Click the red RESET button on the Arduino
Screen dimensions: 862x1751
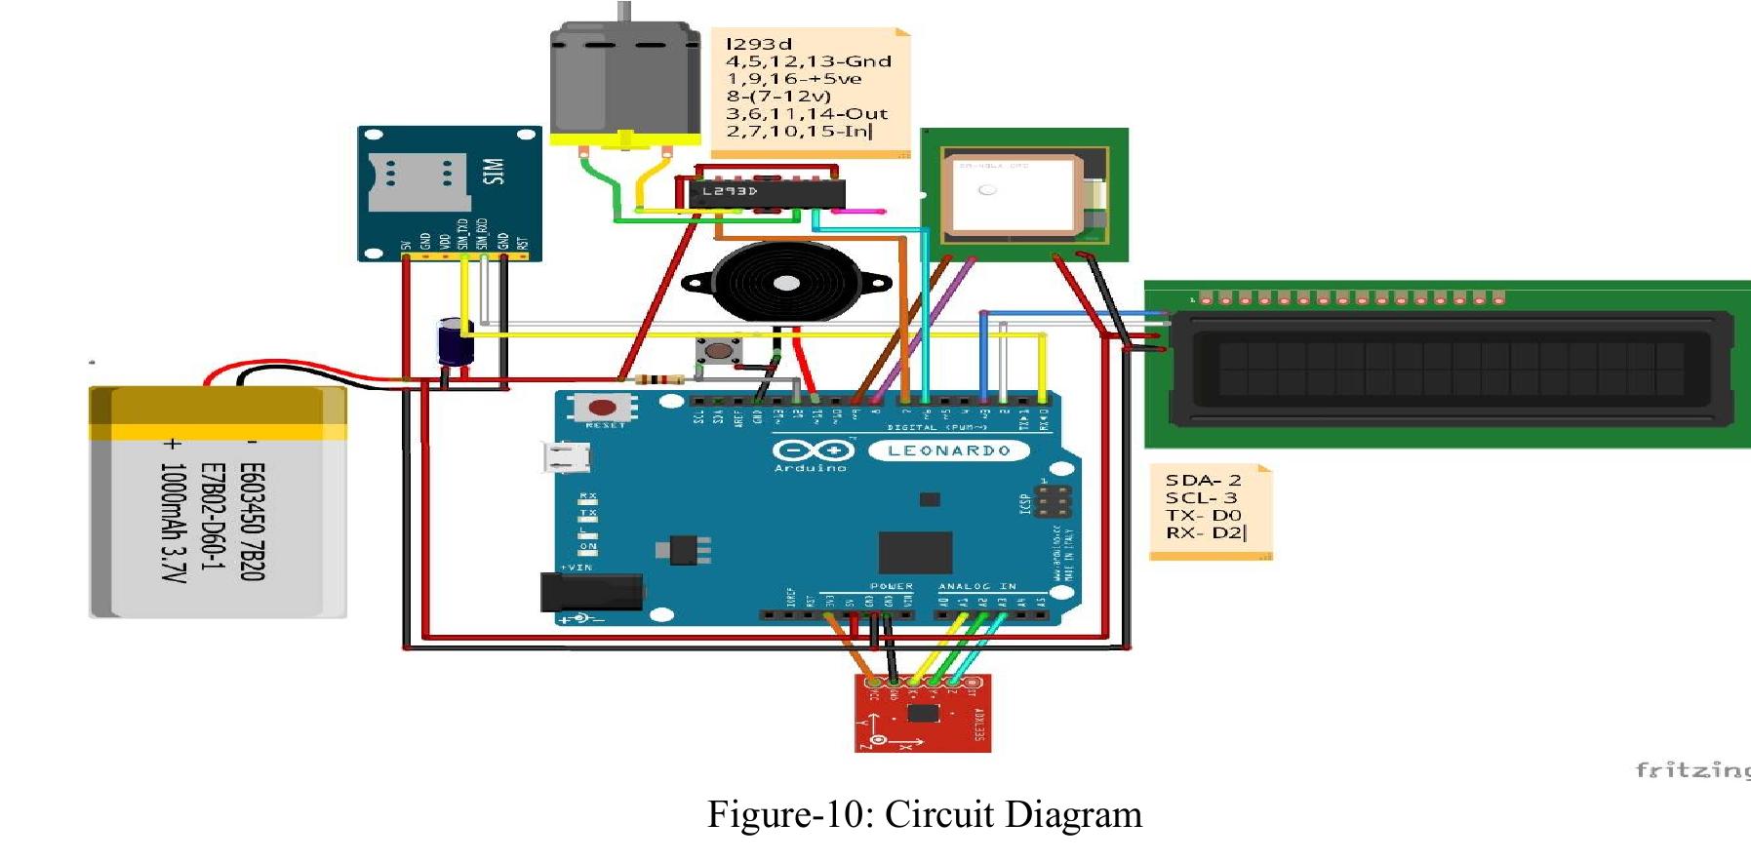pyautogui.click(x=603, y=407)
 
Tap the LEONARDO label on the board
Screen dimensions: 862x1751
pyautogui.click(x=948, y=451)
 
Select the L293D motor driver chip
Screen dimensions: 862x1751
pyautogui.click(x=766, y=193)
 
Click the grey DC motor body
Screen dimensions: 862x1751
pyautogui.click(x=625, y=82)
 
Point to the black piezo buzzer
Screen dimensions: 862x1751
pyautogui.click(x=786, y=283)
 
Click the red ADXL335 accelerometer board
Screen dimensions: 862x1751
pyautogui.click(x=923, y=717)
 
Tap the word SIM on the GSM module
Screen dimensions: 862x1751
pyautogui.click(x=495, y=172)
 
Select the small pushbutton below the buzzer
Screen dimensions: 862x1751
pyautogui.click(x=719, y=350)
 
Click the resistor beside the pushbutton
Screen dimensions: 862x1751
pyautogui.click(x=658, y=379)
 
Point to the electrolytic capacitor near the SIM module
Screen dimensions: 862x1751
pyautogui.click(x=454, y=342)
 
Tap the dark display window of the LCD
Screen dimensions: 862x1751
pyautogui.click(x=1451, y=363)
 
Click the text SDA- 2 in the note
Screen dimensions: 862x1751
pyautogui.click(x=1203, y=480)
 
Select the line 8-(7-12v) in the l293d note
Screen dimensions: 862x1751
pyautogui.click(x=778, y=96)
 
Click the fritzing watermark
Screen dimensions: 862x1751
pyautogui.click(x=1691, y=770)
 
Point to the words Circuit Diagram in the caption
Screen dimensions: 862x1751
pyautogui.click(x=1013, y=814)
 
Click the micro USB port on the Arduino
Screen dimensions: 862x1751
pyautogui.click(x=567, y=456)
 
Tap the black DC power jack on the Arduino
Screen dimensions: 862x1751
pyautogui.click(x=591, y=593)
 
